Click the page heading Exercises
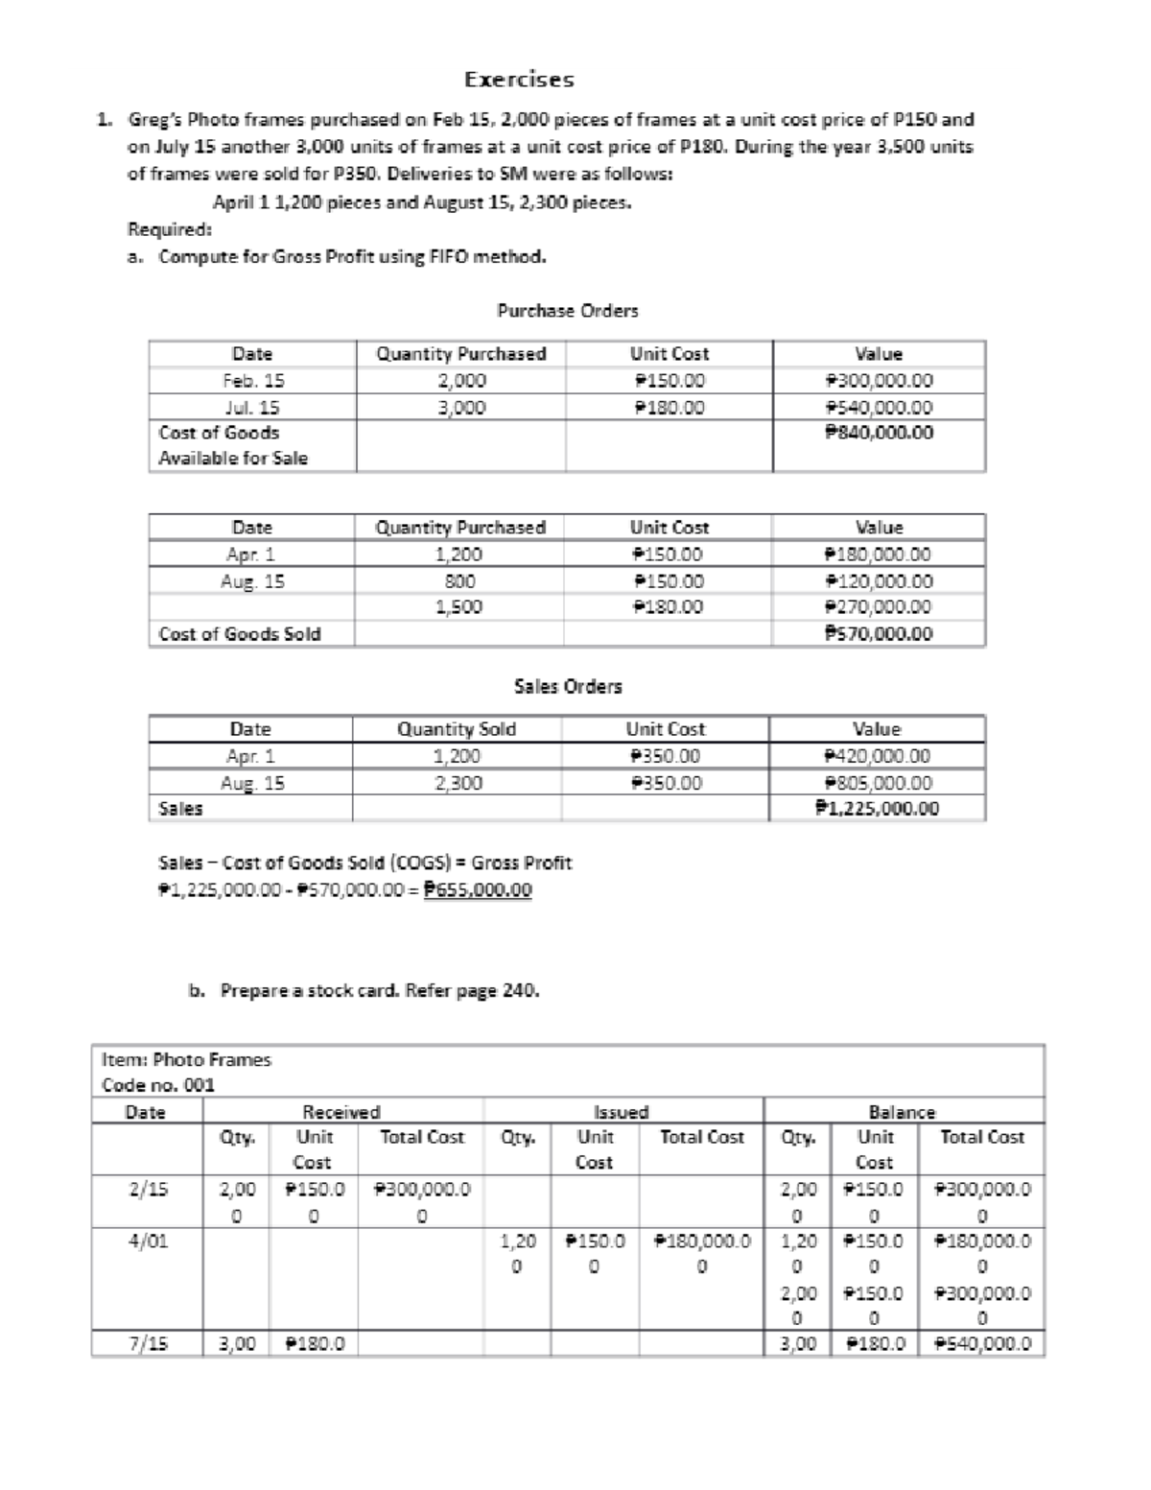click(519, 79)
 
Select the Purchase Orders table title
click(567, 310)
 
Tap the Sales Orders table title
click(568, 686)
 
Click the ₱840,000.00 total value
click(880, 433)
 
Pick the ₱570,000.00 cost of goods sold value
click(880, 633)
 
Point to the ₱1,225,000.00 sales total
click(878, 808)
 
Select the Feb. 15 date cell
click(252, 380)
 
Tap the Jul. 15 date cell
click(252, 407)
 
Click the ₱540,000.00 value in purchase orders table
click(880, 407)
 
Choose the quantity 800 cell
click(459, 580)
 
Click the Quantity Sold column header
click(457, 729)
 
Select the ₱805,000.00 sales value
click(878, 782)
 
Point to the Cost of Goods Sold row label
click(240, 633)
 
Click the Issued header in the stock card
click(622, 1112)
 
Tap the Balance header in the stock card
click(902, 1112)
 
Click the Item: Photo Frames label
click(187, 1059)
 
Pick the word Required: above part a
click(170, 229)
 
